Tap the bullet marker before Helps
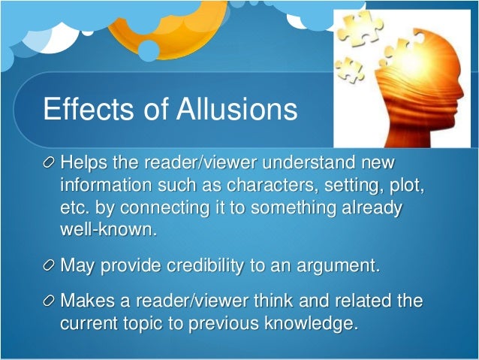49,164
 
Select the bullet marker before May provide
49,266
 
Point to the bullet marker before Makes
49,303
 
